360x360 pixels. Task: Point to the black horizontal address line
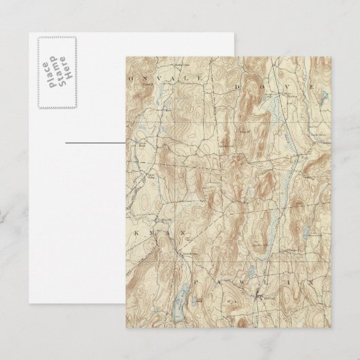(96, 144)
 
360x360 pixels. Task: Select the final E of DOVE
(311, 88)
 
